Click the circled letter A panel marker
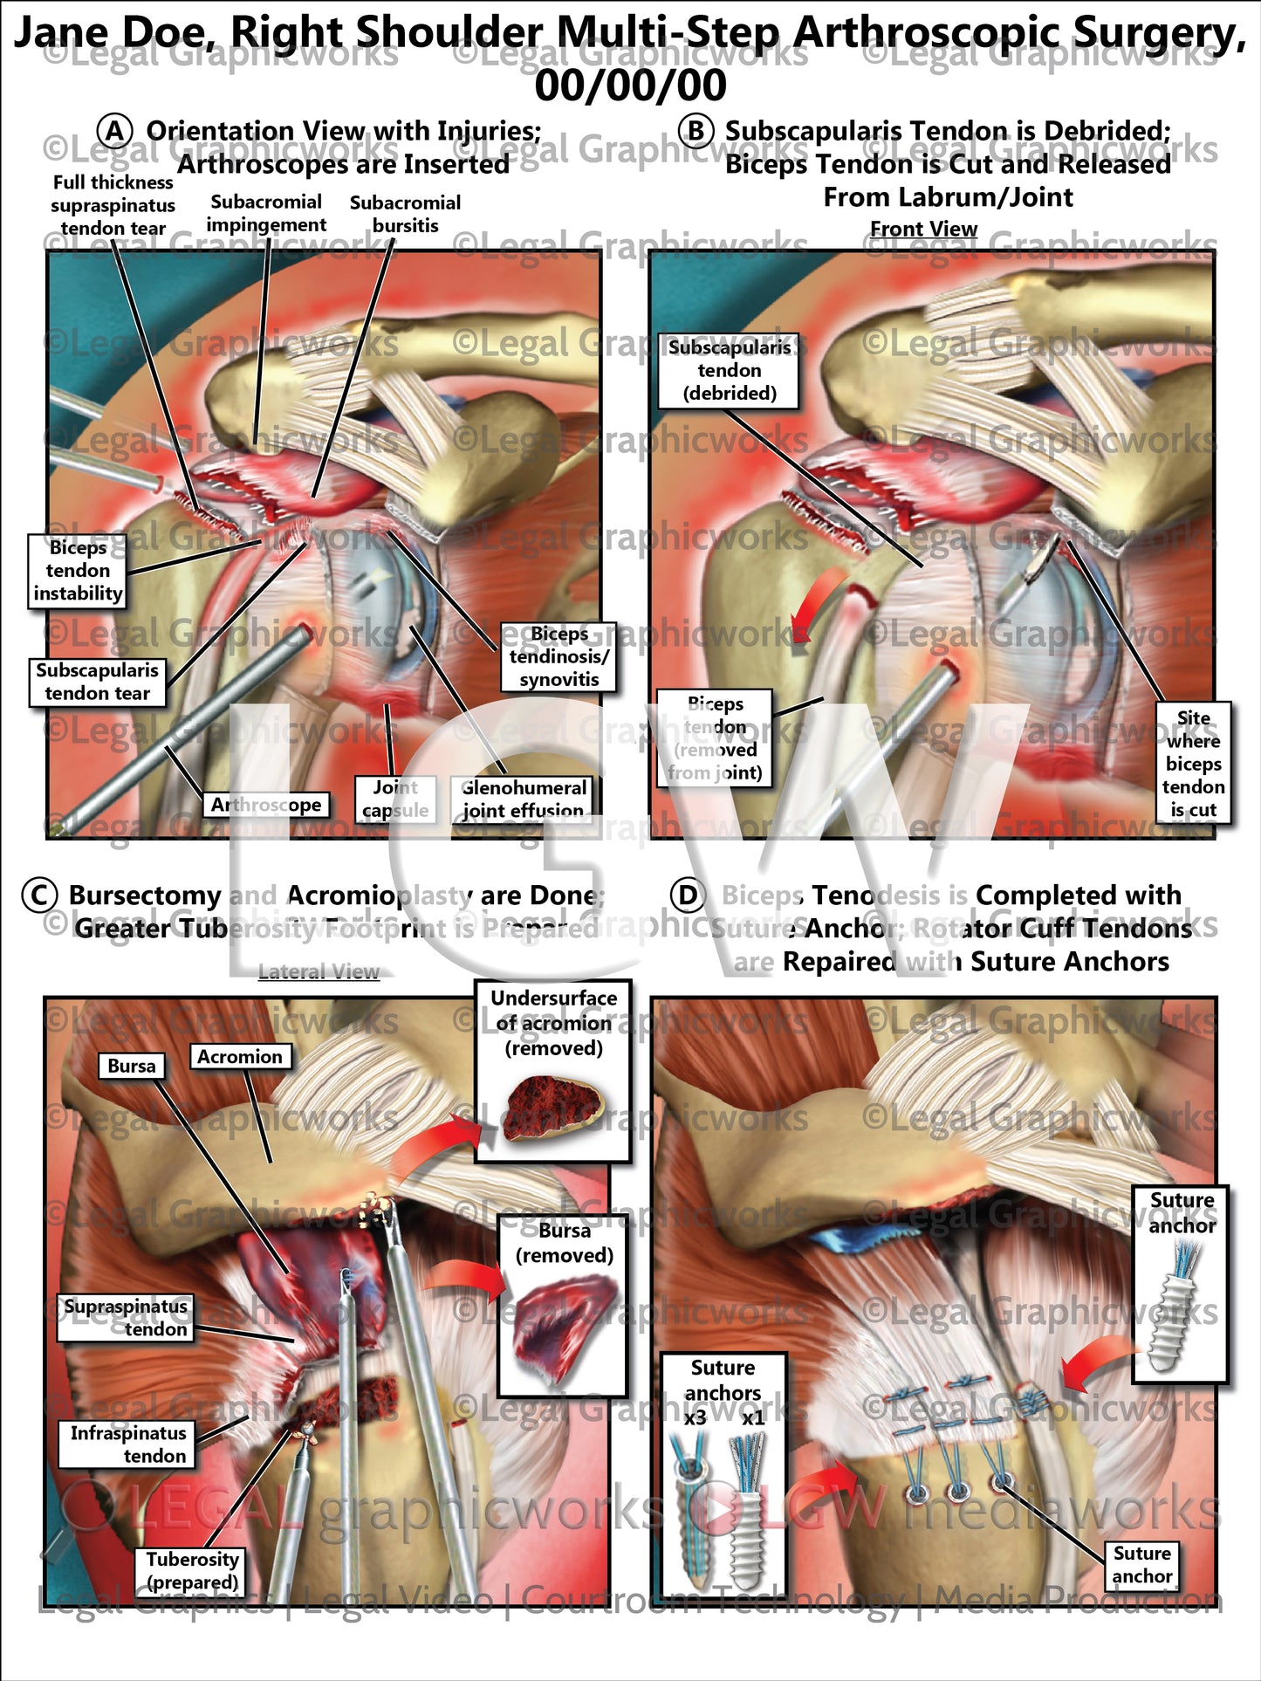114,131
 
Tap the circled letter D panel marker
689,895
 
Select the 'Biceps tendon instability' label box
78,571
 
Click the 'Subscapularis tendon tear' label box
97,682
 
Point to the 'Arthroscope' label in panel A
266,805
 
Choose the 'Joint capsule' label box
395,799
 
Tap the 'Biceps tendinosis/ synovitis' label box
559,656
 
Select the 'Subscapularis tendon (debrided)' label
730,370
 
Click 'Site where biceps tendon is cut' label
1193,764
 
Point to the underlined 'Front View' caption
923,229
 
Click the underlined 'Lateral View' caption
319,972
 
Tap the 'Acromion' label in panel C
240,1057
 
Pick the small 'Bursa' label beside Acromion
132,1066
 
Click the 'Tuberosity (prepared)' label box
192,1570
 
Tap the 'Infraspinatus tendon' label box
127,1444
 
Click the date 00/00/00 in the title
630,86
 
